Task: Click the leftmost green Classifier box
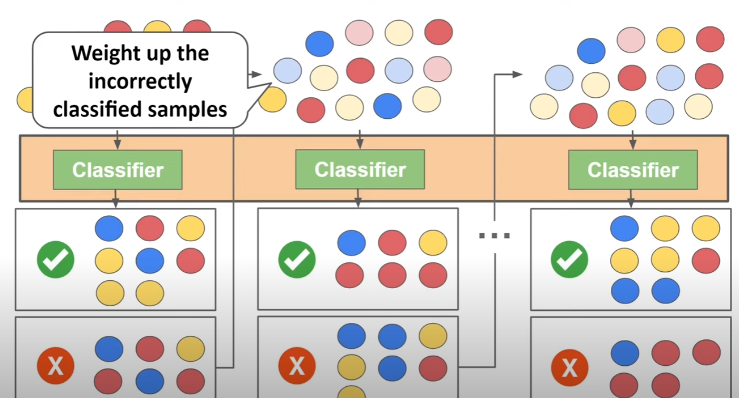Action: click(x=118, y=170)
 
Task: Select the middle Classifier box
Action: click(x=360, y=169)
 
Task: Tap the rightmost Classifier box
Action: click(x=632, y=170)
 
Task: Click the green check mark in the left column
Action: click(x=55, y=259)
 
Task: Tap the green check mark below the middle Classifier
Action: click(x=297, y=259)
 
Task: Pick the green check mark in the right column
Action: click(x=570, y=259)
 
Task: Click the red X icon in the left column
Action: click(x=55, y=365)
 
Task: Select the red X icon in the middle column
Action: click(x=297, y=365)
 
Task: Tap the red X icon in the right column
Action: click(x=570, y=365)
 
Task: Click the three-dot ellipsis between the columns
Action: click(x=494, y=235)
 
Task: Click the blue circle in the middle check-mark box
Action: click(x=351, y=242)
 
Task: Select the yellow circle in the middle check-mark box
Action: click(x=433, y=242)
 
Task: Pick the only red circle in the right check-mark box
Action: click(x=706, y=260)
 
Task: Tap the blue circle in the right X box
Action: click(x=625, y=353)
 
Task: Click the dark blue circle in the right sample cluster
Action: click(x=591, y=51)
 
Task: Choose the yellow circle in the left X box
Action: click(x=190, y=349)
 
